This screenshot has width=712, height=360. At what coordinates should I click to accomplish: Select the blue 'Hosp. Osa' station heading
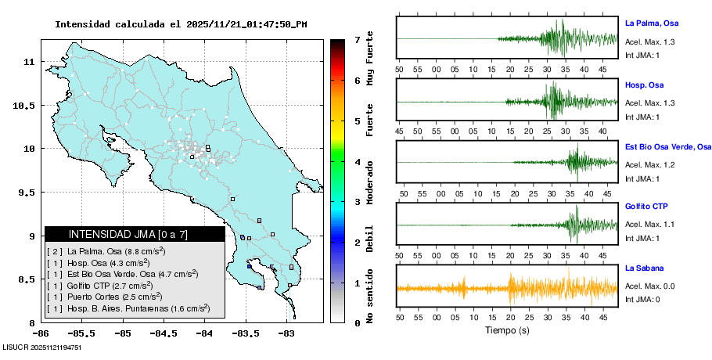coord(644,85)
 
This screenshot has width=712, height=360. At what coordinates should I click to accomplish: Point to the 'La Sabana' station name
coord(644,268)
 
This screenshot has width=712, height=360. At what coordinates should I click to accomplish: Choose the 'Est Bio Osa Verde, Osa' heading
coord(667,146)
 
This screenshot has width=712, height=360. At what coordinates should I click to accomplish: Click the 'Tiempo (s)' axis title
coord(507,330)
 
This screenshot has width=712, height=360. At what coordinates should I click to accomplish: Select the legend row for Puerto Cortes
coord(105,297)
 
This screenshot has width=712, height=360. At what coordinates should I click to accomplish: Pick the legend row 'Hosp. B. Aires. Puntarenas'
coord(128,308)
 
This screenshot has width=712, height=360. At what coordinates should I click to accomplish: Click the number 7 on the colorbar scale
coord(357,39)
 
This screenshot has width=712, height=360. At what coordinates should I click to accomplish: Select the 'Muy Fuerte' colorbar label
coord(370,61)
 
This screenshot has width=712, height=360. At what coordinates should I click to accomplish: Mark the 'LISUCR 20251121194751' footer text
coord(42,347)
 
